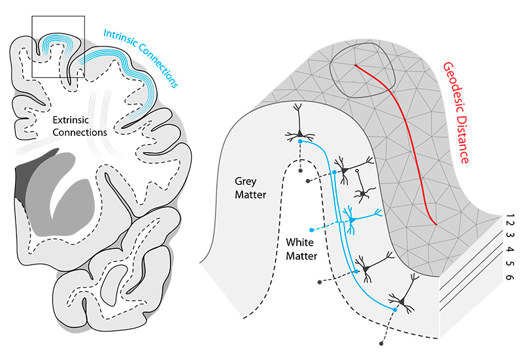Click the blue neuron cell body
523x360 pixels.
352,220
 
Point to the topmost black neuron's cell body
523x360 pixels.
300,135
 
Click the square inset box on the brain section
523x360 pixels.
58,46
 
